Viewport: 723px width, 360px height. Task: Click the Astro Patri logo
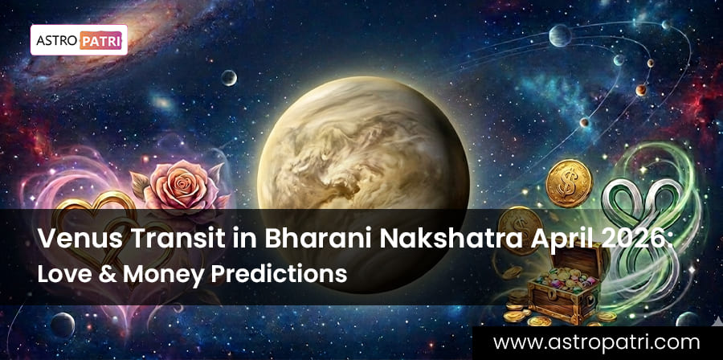pos(79,40)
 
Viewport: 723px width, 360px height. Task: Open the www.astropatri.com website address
pos(596,342)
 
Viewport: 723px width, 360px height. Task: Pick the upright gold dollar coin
pos(569,183)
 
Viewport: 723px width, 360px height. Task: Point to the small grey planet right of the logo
pos(229,78)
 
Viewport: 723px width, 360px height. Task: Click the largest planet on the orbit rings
pos(560,35)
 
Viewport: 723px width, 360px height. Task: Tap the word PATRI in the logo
pos(100,40)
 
